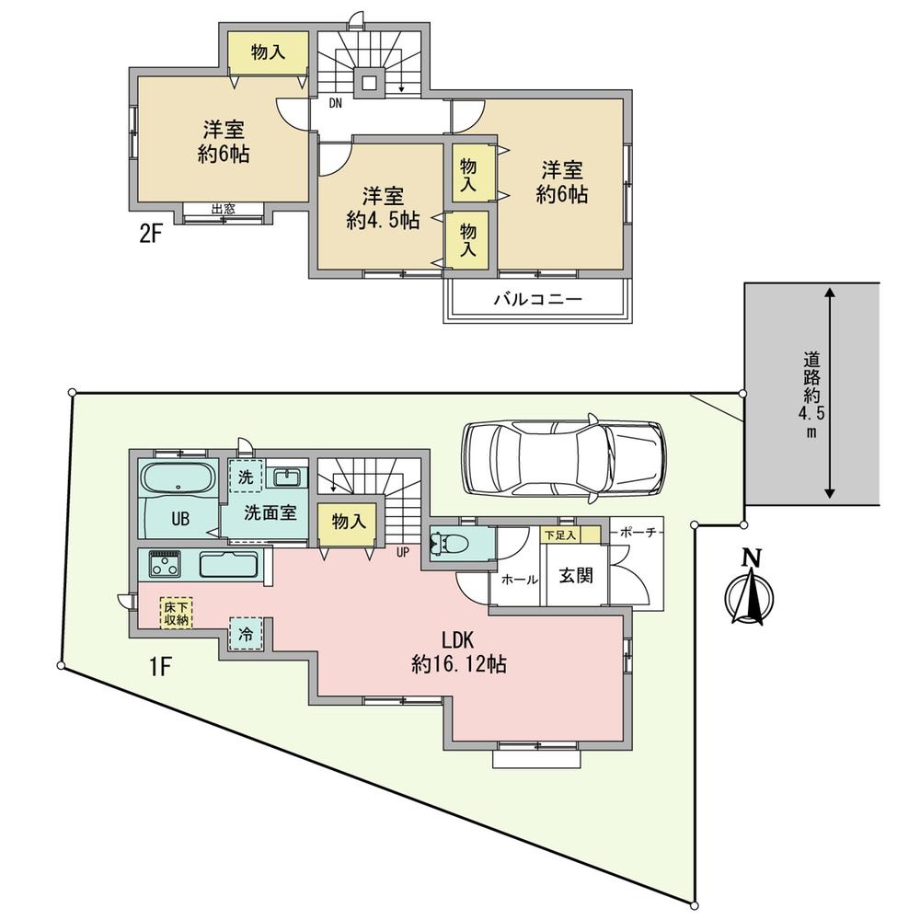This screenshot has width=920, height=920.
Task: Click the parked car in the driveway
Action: click(563, 458)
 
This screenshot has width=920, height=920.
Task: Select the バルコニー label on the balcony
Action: click(538, 300)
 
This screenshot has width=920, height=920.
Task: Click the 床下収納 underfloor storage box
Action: click(177, 614)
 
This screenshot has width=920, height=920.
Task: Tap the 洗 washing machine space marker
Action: click(246, 477)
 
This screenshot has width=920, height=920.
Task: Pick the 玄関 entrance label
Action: click(576, 577)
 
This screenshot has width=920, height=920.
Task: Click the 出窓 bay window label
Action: click(222, 209)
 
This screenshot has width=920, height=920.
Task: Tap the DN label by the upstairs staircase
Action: click(336, 103)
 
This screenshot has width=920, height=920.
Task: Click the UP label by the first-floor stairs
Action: click(402, 552)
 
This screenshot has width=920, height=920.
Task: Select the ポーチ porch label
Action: click(634, 534)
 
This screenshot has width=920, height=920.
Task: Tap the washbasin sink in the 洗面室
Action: click(288, 477)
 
